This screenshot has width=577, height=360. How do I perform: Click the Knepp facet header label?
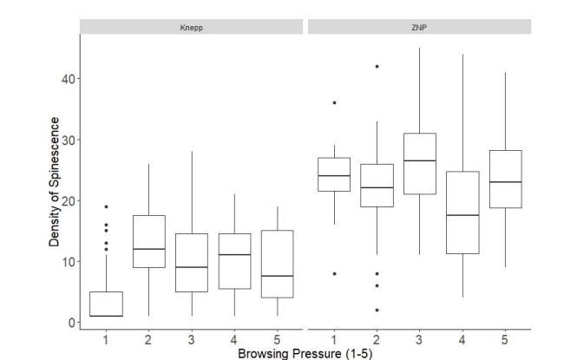[191, 27]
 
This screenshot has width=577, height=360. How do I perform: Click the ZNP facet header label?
[419, 27]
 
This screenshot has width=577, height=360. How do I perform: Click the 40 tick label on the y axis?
[64, 79]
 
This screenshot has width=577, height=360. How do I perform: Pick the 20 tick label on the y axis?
[64, 200]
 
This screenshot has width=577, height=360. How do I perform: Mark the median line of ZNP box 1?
[334, 175]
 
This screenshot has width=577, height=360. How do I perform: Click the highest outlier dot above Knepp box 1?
[107, 206]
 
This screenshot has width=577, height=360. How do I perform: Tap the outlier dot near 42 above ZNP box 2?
[377, 66]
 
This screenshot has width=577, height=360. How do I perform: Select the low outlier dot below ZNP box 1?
[334, 273]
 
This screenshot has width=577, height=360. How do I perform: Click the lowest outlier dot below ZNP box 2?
[377, 310]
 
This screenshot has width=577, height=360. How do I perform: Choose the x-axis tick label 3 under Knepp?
[191, 338]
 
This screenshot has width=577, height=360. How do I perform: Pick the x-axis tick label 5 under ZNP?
[505, 338]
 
